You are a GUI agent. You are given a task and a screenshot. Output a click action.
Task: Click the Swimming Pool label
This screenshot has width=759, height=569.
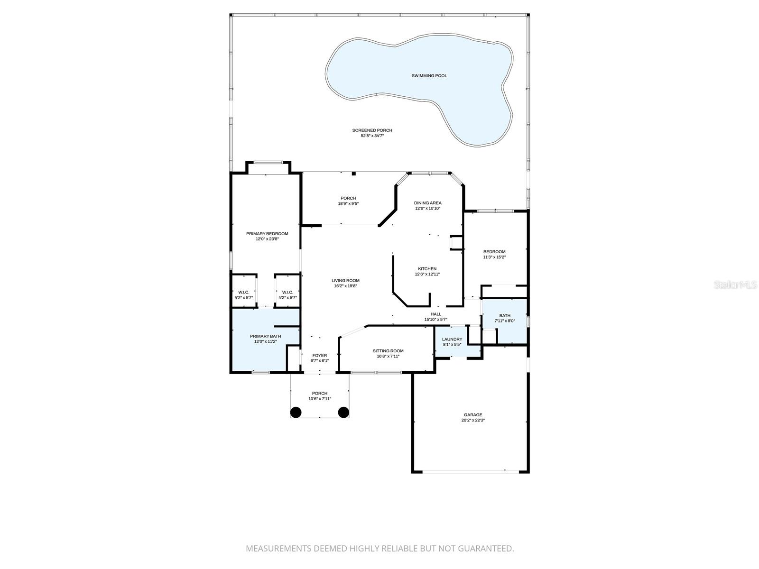pos(429,76)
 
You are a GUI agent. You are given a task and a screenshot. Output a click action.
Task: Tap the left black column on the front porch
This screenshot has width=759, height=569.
pos(296,412)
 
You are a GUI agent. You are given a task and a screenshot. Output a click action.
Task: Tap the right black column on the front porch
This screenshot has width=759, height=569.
pos(343,412)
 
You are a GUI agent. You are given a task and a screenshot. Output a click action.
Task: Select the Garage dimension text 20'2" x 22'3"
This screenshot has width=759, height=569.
pos(473,420)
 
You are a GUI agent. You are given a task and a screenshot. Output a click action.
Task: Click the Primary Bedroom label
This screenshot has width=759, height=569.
pos(267,234)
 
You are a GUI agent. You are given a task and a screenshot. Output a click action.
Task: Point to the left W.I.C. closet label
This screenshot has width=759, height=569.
pos(244,293)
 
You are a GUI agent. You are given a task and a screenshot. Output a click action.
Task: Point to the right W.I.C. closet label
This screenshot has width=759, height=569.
pos(287,293)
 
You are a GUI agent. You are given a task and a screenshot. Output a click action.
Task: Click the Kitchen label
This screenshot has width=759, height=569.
pos(427,269)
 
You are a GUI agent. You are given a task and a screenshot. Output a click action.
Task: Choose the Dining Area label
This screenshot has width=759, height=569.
pos(427,203)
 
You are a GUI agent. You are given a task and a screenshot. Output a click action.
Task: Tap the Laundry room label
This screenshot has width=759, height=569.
pos(452,340)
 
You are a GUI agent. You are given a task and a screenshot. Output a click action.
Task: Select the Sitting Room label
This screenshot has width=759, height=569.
pos(388,351)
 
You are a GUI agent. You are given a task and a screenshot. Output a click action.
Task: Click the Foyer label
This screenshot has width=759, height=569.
pos(319,355)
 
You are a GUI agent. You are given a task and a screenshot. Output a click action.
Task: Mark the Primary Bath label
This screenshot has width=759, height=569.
pos(265,336)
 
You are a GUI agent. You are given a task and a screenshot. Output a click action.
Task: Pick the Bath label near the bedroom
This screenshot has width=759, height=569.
pos(505,316)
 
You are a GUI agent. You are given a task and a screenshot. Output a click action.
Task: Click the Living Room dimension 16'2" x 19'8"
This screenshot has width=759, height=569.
pos(345,286)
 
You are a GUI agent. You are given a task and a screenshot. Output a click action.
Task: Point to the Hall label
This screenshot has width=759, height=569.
pos(435,314)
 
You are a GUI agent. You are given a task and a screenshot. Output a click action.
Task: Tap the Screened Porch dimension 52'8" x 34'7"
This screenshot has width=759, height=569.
pos(372,136)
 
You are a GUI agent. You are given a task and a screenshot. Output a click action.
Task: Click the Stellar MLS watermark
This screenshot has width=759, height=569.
pos(736,285)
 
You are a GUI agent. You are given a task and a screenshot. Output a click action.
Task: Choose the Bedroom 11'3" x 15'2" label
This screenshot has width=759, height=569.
pos(494,252)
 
